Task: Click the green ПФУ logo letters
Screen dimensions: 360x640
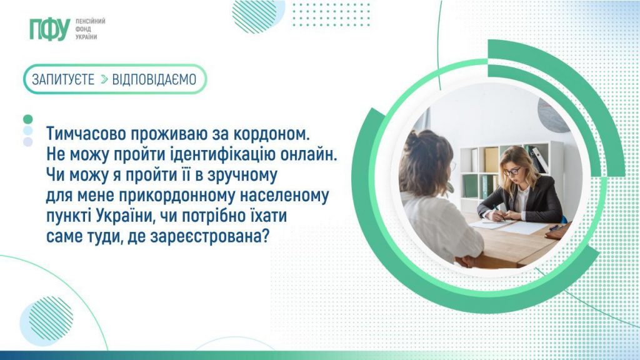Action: coord(49,29)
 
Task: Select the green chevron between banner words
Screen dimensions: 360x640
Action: coord(104,79)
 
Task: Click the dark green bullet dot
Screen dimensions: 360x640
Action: coord(27,119)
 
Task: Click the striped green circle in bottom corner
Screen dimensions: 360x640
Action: coord(51,318)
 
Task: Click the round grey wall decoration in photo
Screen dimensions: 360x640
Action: coord(553,115)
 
